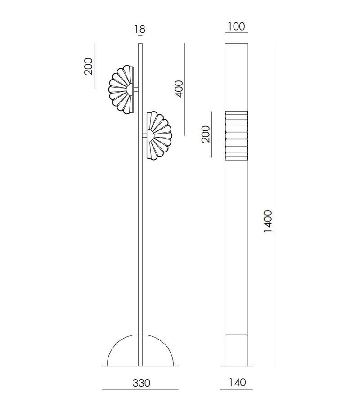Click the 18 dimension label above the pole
(x=140, y=30)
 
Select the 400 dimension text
(x=179, y=89)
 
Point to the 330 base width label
(x=141, y=383)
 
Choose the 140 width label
(x=237, y=383)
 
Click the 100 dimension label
(x=236, y=27)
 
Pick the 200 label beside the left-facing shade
(x=88, y=67)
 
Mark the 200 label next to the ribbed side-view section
(x=206, y=134)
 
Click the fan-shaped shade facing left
(x=121, y=89)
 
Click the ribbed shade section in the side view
(x=237, y=135)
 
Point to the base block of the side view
(x=237, y=350)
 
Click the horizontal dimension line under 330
(x=140, y=389)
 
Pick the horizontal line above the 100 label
(x=236, y=33)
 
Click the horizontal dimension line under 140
(x=237, y=389)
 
